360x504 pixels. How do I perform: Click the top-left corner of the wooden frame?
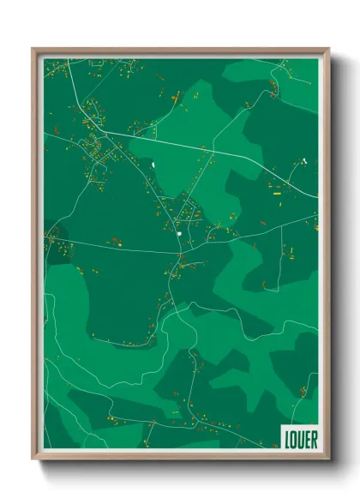33,50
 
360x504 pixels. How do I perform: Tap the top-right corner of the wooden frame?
328,50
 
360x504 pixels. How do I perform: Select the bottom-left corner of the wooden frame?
33,459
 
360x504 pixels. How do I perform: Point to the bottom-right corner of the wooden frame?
328,459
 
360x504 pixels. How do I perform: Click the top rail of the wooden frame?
180,51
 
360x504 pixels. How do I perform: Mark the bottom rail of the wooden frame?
180,457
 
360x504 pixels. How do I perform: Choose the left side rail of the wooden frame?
36,257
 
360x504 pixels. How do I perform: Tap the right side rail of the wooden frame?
326,257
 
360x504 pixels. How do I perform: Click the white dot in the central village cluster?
178,232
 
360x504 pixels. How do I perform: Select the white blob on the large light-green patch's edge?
153,163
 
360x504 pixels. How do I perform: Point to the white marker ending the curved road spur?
304,159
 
